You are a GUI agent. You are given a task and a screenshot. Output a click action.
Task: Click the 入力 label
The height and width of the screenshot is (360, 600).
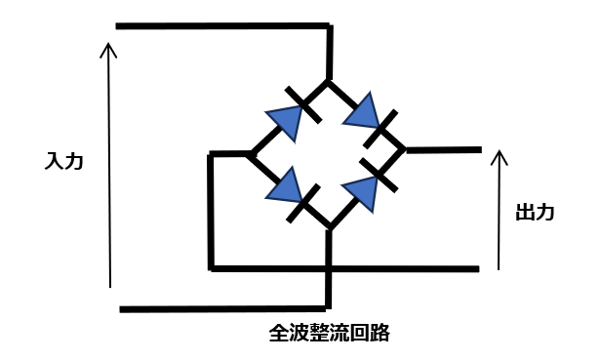pyautogui.click(x=63, y=160)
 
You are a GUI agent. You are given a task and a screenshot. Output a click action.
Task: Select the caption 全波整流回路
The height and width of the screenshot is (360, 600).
pyautogui.click(x=329, y=333)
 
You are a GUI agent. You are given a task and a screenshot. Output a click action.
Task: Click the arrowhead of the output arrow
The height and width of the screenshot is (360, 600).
pyautogui.click(x=500, y=154)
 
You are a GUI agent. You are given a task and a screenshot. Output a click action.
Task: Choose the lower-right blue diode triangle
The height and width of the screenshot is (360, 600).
pyautogui.click(x=362, y=191)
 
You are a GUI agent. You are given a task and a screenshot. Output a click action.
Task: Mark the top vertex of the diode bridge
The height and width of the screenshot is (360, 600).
pyautogui.click(x=330, y=81)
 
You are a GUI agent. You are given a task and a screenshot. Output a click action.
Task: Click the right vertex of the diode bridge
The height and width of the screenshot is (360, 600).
pyautogui.click(x=405, y=150)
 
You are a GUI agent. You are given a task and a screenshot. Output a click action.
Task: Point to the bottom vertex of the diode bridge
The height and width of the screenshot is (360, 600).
pyautogui.click(x=330, y=228)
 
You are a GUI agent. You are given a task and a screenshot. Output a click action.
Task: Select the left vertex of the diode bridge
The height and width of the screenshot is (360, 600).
pyautogui.click(x=252, y=153)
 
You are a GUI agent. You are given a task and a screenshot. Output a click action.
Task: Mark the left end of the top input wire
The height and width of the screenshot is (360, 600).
pyautogui.click(x=117, y=25)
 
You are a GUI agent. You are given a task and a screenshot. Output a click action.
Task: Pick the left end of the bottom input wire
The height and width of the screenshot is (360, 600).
pyautogui.click(x=121, y=309)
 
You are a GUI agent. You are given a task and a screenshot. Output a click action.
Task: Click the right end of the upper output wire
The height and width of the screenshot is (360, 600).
pyautogui.click(x=479, y=149)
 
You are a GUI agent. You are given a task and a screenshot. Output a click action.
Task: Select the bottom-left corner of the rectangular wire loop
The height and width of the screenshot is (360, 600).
pyautogui.click(x=211, y=267)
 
